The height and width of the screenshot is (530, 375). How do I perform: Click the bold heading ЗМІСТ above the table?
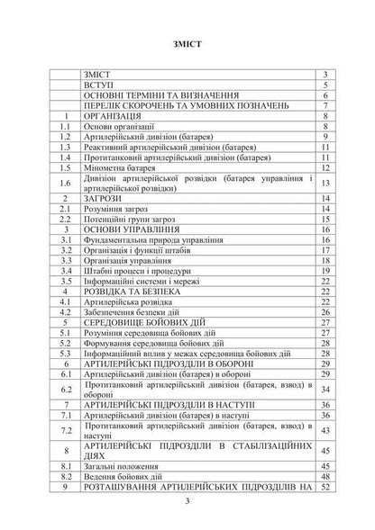[187, 42]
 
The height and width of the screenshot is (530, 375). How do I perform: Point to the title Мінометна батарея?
[122, 166]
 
